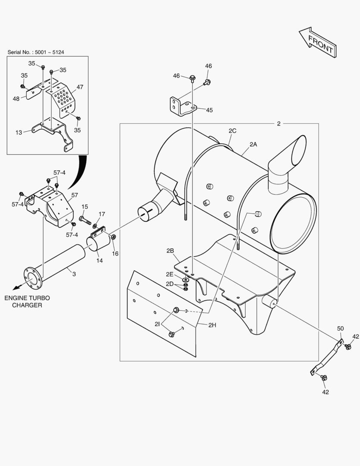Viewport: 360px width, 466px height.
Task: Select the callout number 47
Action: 80,87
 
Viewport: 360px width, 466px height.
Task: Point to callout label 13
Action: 19,132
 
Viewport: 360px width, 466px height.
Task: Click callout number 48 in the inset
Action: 16,98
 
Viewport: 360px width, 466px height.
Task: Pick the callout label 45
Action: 209,110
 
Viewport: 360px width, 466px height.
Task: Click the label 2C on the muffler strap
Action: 232,131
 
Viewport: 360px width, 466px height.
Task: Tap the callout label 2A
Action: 253,145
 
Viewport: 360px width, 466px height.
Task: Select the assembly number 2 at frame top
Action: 279,124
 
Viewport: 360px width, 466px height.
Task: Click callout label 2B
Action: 170,250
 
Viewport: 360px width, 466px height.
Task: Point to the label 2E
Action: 170,274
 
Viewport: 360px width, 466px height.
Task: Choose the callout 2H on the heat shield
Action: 212,325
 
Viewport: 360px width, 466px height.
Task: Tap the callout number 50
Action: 341,329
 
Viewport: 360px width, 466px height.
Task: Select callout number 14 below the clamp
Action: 100,261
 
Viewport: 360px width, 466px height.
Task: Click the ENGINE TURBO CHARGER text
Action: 27,302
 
